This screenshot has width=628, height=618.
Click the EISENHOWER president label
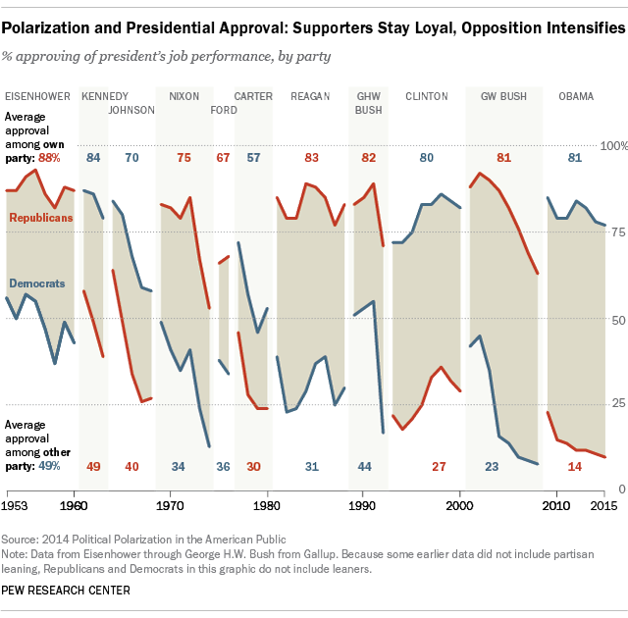37,96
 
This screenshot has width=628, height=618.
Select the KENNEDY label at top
103,96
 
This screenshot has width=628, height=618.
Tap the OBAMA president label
575,96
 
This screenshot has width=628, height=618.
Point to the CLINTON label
427,96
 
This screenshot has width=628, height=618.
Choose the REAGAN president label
310,96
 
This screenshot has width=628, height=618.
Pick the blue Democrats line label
38,283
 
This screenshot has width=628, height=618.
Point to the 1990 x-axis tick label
363,505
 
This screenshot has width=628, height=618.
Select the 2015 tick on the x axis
604,505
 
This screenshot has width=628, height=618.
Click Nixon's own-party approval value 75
183,157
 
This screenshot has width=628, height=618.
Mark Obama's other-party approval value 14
576,466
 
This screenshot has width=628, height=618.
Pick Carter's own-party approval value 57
254,157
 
